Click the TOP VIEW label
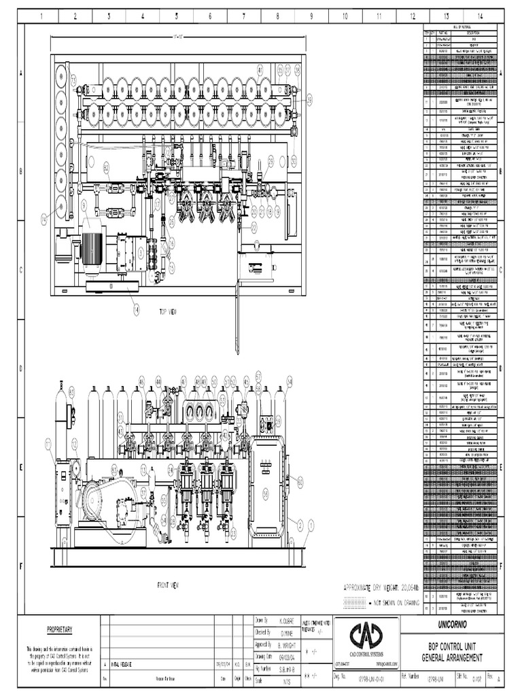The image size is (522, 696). (168, 311)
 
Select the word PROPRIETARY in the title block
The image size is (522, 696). (59, 629)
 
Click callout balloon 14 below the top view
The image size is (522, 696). (136, 309)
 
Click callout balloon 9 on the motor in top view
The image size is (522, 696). (84, 203)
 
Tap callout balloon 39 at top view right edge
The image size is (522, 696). (310, 100)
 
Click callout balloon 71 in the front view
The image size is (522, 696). (49, 442)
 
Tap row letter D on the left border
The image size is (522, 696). (20, 368)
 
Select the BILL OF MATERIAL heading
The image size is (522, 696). (450, 27)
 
